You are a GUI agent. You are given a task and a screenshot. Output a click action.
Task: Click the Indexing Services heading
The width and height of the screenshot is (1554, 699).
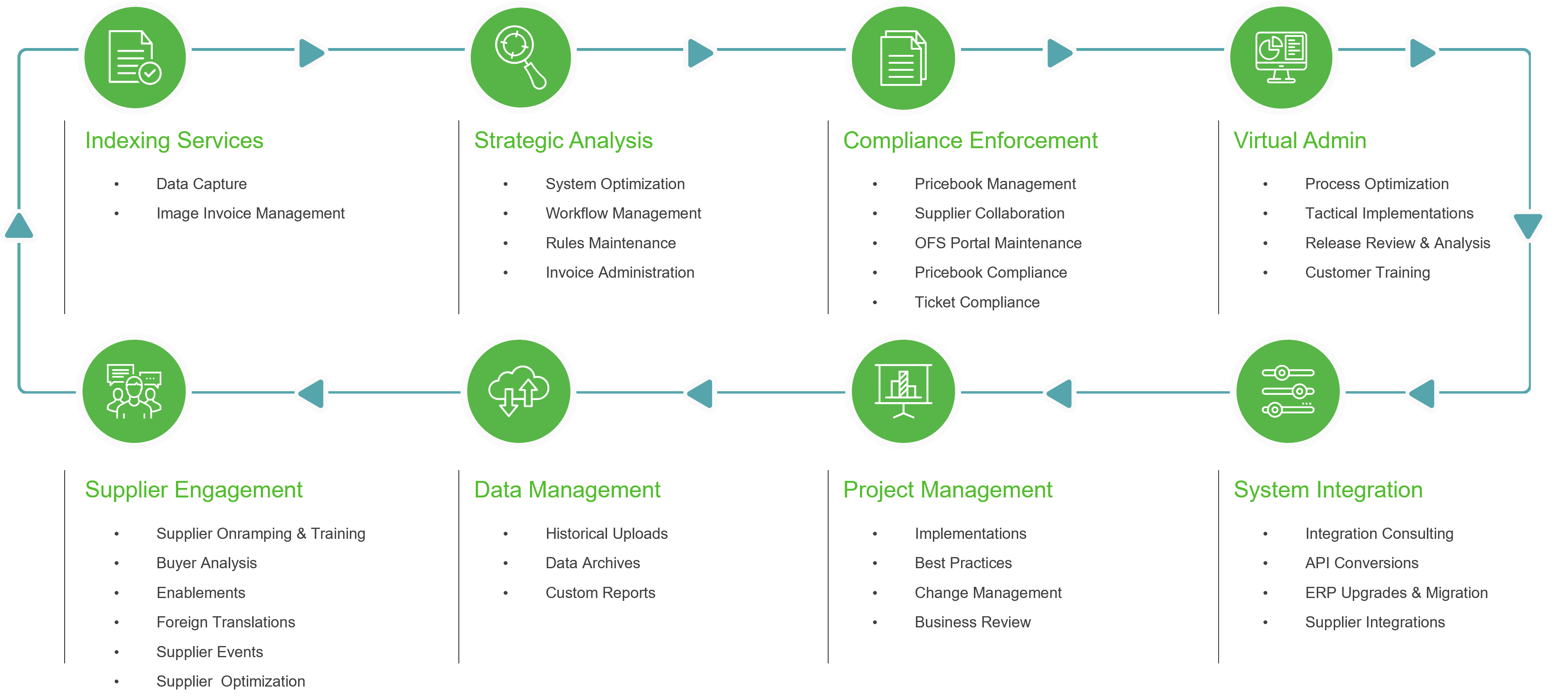coord(174,141)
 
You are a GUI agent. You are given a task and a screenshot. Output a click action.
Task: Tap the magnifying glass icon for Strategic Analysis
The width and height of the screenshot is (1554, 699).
coord(520,57)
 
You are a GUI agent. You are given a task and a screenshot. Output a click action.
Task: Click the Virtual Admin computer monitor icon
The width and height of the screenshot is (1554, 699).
coord(1281,57)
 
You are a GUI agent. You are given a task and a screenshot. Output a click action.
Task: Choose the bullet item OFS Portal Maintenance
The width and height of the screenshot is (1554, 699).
coord(998,243)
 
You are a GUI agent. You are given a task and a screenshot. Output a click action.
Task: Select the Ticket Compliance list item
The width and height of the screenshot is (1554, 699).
coord(977,302)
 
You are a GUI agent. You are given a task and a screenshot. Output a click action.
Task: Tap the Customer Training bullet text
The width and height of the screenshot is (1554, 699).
coord(1367,273)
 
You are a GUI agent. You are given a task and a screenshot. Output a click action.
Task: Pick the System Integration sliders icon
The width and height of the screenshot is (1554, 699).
coord(1287,391)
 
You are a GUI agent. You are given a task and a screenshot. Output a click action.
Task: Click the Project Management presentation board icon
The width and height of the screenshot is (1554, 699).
coord(903,391)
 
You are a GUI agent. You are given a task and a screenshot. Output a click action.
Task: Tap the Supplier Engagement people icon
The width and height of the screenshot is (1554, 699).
coord(134,391)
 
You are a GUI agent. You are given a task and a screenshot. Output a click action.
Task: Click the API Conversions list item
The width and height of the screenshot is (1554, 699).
coord(1361,563)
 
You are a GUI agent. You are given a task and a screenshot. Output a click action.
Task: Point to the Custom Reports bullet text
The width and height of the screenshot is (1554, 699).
coord(600,593)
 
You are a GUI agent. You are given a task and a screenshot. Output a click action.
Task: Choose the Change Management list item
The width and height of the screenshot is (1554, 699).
coord(988,593)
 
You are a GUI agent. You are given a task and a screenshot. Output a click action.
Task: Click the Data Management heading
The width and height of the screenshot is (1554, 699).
coord(567,490)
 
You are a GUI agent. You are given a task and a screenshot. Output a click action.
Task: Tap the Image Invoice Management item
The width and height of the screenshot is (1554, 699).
coord(251,214)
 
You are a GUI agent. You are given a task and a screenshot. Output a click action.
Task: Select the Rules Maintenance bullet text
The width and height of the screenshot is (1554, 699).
coord(610,243)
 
